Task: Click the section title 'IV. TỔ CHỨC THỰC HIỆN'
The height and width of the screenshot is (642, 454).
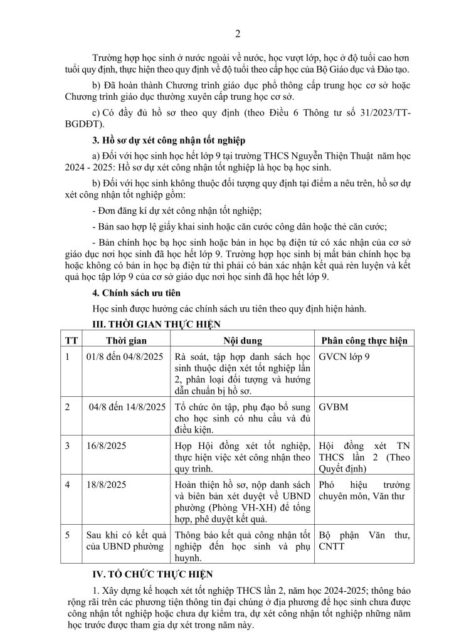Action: (152, 573)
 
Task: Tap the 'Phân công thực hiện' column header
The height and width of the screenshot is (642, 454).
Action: (364, 340)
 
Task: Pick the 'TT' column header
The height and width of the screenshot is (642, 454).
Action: (71, 340)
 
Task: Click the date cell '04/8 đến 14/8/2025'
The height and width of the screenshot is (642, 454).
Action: (126, 406)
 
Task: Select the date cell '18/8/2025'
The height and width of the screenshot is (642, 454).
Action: (107, 485)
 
